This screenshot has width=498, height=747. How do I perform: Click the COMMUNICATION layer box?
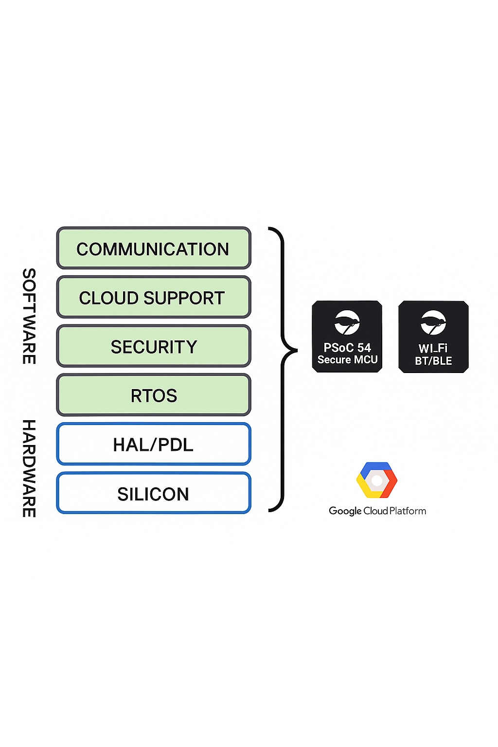coord(154,248)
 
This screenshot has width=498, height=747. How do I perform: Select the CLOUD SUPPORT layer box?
coord(154,297)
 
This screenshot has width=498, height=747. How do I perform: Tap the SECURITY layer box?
coord(154,346)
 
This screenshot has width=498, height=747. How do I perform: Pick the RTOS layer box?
coord(154,395)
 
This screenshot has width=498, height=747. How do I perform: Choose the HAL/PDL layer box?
coord(154,444)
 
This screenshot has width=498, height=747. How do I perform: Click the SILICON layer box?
coord(154,493)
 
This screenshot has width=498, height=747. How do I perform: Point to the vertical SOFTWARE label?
coord(29,316)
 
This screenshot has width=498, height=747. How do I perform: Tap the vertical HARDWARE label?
coord(29,468)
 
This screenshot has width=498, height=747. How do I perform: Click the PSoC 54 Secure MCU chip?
coord(347,337)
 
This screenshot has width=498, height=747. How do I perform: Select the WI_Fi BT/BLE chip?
coord(433,337)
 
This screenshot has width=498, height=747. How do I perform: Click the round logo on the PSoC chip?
coord(347,322)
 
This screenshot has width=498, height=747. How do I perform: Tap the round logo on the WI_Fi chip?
coord(433,322)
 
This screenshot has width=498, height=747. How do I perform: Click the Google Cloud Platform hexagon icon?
coord(377,480)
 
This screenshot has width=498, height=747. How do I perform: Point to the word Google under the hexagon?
coord(345,511)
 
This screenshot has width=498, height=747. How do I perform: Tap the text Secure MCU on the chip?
coord(347,360)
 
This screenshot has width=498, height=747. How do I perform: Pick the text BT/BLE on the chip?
coord(433,361)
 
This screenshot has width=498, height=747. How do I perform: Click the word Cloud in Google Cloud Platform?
coord(375,511)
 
